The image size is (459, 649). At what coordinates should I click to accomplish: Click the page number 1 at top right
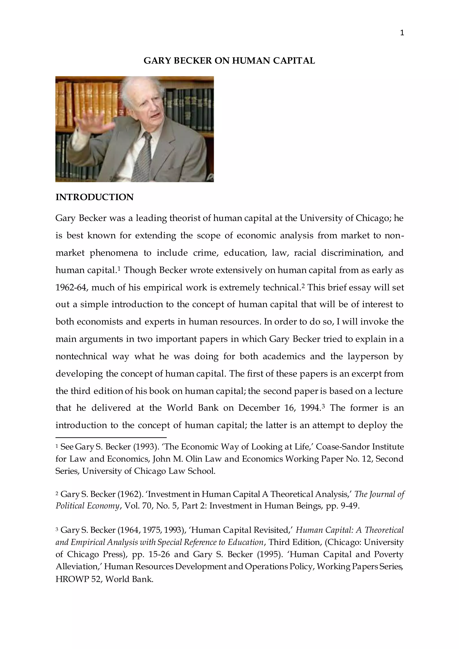402,33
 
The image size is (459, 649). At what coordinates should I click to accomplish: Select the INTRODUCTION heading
94,197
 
